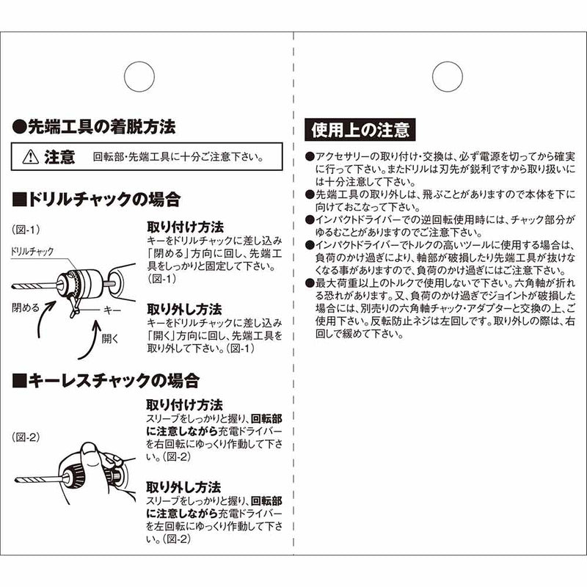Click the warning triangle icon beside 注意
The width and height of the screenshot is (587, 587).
click(29, 156)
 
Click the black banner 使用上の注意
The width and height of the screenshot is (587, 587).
click(360, 131)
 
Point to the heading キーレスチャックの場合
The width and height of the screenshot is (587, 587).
click(106, 380)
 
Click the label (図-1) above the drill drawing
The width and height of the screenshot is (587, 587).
click(25, 229)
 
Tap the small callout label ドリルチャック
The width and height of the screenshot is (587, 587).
click(33, 252)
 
